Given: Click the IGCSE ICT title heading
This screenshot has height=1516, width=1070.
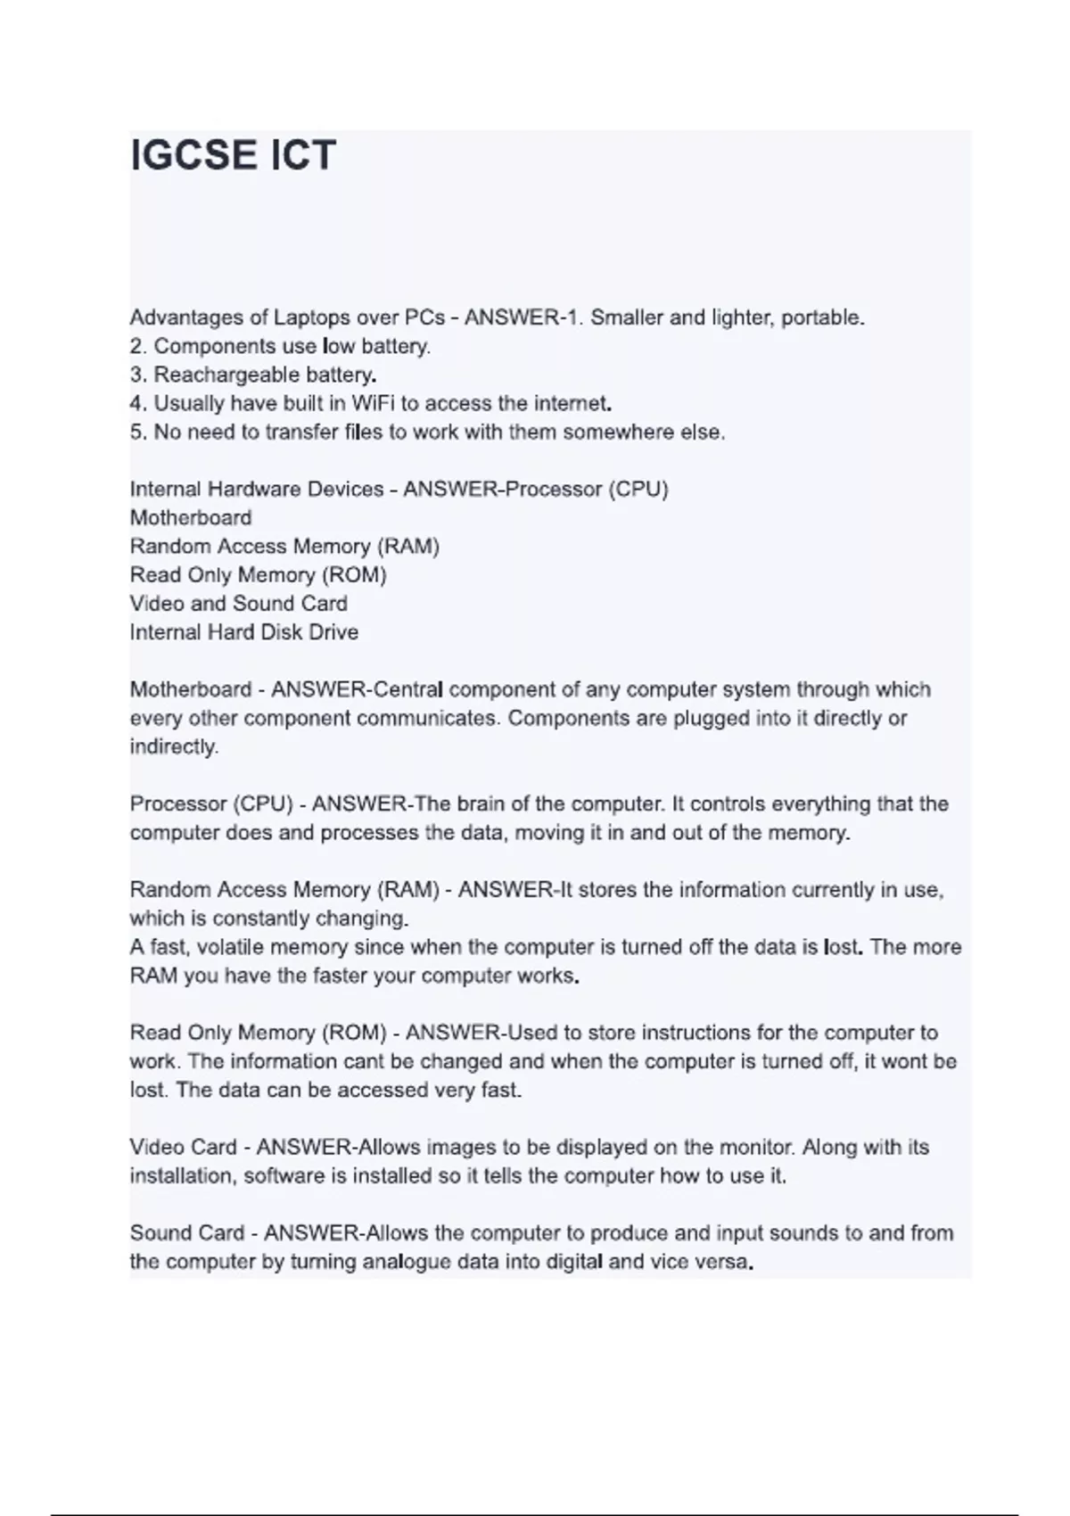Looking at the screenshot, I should (233, 155).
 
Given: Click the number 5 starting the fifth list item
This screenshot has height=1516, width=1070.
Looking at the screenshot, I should (136, 433).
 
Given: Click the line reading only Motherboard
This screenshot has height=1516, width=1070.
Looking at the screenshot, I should (191, 518).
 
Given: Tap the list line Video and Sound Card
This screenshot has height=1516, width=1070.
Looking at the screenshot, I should (238, 604).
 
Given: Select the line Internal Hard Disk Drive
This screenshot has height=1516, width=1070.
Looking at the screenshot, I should (243, 632).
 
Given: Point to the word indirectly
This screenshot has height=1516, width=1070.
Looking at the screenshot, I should (173, 747).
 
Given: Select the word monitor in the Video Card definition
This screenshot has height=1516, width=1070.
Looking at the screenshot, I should (757, 1148).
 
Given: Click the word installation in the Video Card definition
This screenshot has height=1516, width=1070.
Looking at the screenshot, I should (182, 1176).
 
